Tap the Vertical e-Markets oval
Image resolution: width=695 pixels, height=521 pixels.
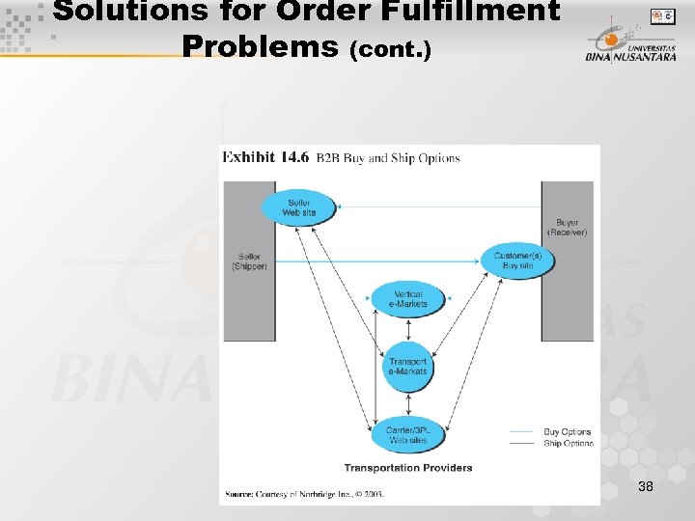click(408, 299)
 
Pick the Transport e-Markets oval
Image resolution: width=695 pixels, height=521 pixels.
click(408, 367)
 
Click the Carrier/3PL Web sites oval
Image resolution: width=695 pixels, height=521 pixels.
click(408, 435)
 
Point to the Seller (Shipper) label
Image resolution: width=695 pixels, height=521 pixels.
click(249, 261)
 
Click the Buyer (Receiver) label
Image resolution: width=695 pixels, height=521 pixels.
click(567, 228)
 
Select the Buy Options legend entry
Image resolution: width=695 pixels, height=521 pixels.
click(568, 432)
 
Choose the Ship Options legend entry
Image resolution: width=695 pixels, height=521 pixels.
click(568, 444)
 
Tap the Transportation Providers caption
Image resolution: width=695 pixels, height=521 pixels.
click(408, 468)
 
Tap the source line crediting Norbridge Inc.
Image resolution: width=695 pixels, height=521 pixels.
click(304, 494)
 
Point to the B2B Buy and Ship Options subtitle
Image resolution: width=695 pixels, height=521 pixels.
click(388, 158)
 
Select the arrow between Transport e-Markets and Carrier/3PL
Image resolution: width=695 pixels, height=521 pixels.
click(408, 401)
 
